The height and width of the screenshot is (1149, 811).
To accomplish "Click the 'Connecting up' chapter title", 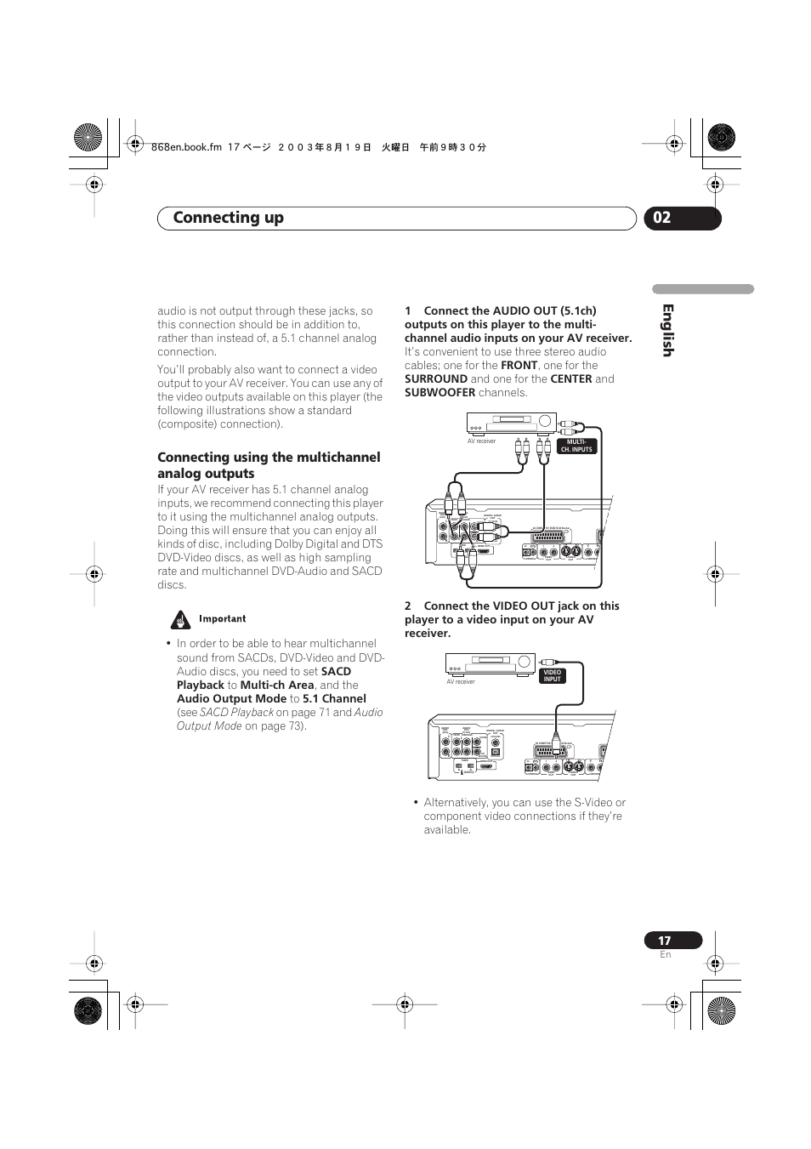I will pos(228,218).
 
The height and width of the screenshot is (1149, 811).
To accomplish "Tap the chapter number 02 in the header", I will pos(662,218).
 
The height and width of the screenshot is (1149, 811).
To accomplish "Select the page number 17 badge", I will pos(665,940).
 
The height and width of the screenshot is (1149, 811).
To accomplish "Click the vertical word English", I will pos(667,331).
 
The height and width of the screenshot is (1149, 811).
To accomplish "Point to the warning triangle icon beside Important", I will pos(179,619).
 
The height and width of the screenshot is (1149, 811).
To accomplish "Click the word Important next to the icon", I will pos(223,619).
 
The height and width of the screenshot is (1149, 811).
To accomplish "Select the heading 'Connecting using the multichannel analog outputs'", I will pos(268,465).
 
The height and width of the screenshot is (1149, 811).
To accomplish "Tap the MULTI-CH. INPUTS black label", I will pos(576,446).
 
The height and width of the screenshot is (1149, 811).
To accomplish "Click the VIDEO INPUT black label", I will pos(553,675).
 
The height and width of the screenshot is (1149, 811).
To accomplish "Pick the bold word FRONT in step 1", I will pos(519,366).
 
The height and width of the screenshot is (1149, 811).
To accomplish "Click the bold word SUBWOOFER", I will pos(440,393).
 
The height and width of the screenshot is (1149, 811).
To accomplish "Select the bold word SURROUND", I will pos(436,379).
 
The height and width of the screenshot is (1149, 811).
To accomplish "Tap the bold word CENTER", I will pos(570,379).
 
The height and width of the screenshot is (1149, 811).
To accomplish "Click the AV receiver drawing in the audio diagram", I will pos(511,423).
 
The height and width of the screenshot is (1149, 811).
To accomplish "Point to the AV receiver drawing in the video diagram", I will pos(490,663).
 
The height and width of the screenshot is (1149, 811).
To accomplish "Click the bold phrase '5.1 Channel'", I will pos(334,699).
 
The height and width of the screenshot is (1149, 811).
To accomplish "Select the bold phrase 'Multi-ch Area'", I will pos(277,685).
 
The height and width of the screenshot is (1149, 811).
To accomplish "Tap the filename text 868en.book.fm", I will pos(186,147).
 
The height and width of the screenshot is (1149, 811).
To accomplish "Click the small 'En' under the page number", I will pos(666,955).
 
